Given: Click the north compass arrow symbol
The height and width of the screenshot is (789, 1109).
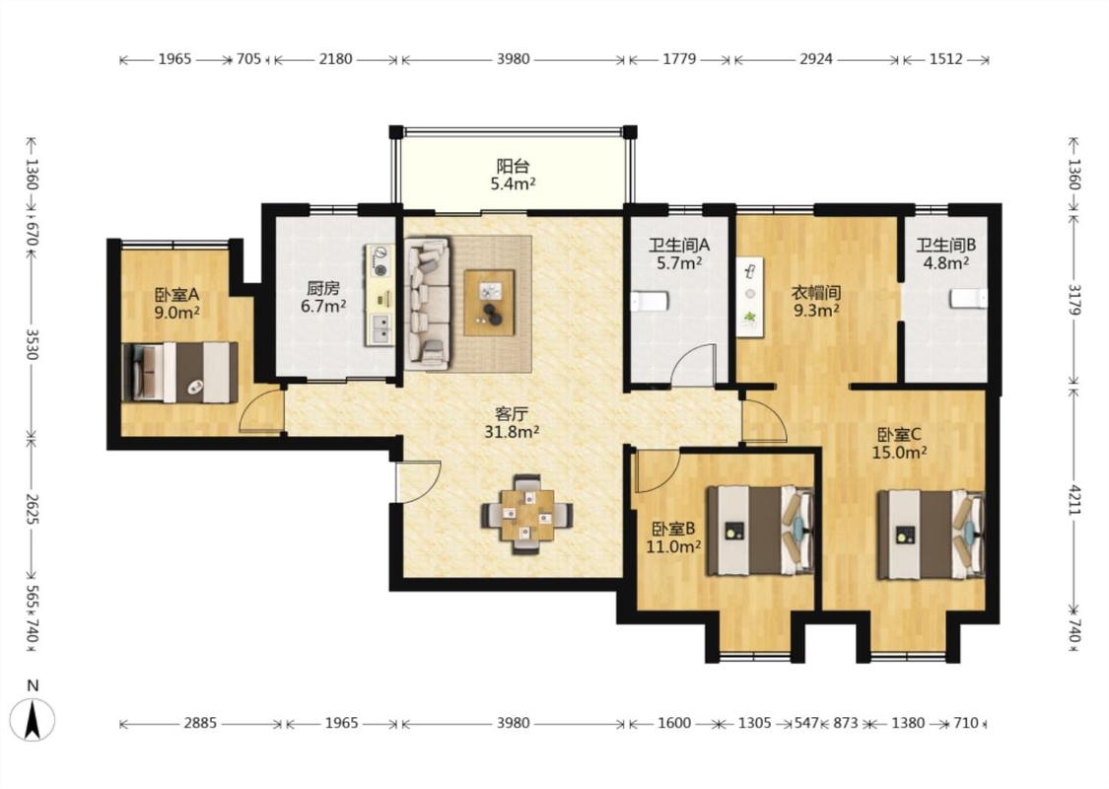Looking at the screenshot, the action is tap(32, 720).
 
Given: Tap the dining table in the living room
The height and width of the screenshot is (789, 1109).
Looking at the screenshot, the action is tap(527, 515).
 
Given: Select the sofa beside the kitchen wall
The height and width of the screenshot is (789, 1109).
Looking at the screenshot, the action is tap(428, 304).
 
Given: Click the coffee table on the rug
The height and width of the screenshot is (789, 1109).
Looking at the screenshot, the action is tap(489, 303).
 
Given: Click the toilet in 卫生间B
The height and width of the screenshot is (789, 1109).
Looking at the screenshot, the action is tap(969, 299).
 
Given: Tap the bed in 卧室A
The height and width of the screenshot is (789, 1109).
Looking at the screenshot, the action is tap(179, 373).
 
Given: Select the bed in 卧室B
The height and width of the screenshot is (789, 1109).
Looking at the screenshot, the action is tap(761, 530).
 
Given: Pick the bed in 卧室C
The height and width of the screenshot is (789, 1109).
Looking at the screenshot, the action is tap(931, 535).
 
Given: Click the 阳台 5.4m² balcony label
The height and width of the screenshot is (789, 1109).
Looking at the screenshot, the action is tap(513, 176).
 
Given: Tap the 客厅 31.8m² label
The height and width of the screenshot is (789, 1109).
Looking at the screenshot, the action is tap(512, 422).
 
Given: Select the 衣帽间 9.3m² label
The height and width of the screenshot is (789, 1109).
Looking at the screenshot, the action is tap(815, 301).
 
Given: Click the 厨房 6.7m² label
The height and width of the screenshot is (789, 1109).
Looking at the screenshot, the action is tap(323, 297).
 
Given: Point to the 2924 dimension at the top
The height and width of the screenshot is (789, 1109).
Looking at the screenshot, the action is tap(816, 59).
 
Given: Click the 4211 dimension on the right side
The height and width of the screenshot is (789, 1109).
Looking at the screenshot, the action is tap(1074, 500).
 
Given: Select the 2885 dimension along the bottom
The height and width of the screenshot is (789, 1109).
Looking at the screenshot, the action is tap(200, 723).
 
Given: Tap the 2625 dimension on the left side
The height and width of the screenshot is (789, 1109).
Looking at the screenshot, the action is tap(32, 507).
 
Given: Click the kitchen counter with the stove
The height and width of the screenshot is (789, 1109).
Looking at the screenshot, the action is tap(380, 295).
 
